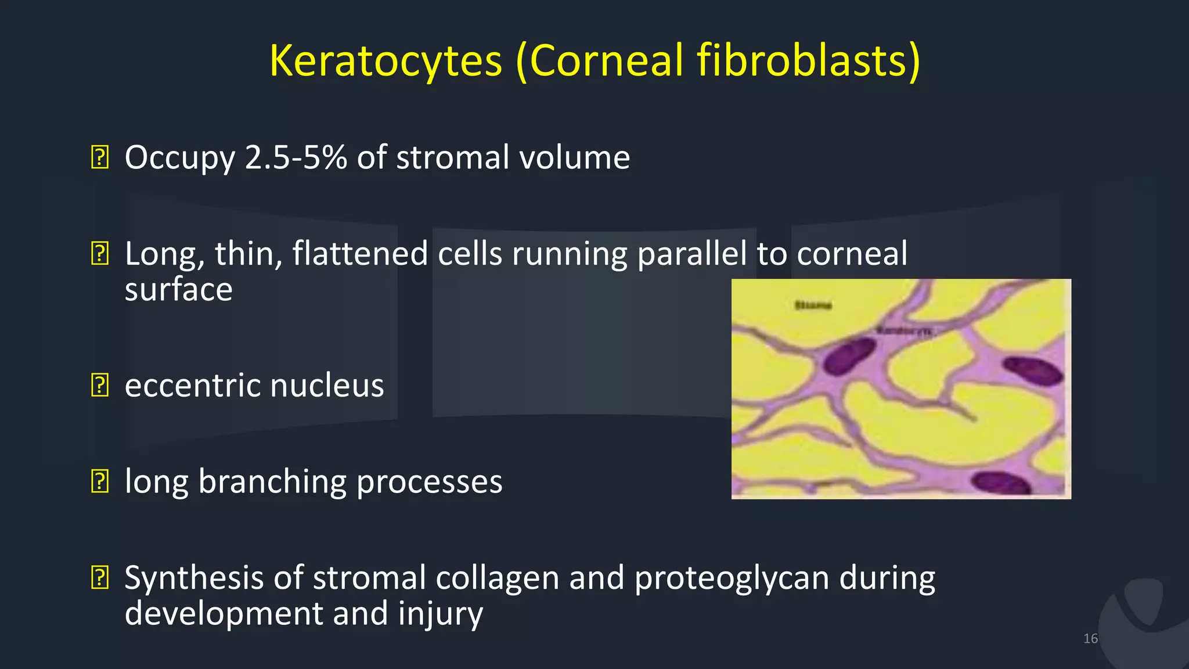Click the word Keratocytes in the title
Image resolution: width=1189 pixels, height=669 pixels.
pos(385,61)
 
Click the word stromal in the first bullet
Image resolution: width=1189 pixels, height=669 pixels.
pos(452,157)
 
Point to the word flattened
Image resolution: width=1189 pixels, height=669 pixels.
pos(360,254)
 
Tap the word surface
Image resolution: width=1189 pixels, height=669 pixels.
pos(178,289)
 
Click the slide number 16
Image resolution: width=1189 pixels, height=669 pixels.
pos(1090,639)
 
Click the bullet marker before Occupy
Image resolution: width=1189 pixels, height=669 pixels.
pos(100,158)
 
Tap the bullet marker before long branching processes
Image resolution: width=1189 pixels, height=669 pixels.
pos(100,482)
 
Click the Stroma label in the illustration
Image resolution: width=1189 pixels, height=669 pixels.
pos(813,305)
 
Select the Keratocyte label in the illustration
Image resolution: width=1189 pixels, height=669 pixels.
pos(904,330)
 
